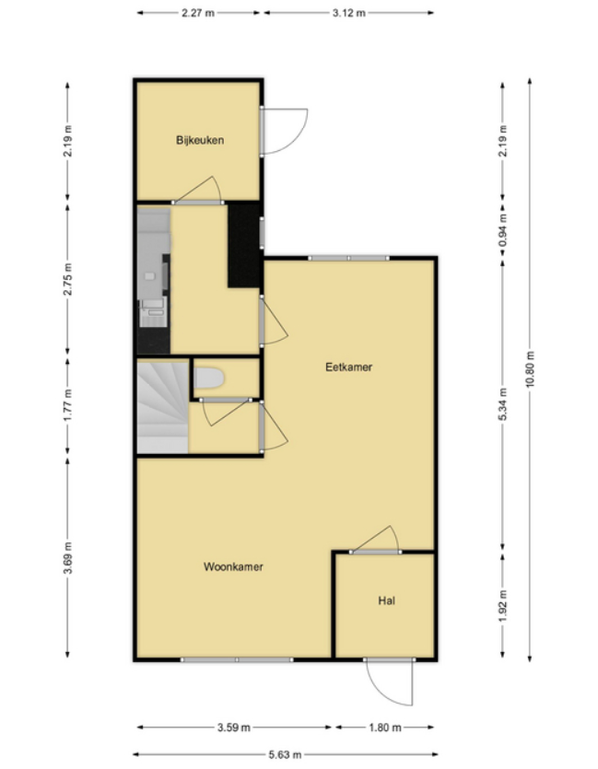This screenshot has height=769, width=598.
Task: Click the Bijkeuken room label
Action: point(200,140)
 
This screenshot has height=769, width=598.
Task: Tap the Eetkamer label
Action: point(348,367)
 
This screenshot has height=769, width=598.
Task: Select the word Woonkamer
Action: point(233,567)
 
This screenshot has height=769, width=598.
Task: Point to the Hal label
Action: point(386,601)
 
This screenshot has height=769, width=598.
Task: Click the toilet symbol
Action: point(209,379)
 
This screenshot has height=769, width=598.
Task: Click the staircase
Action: point(162,407)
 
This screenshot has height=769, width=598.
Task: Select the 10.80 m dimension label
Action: point(530,370)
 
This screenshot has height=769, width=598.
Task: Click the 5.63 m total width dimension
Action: point(284,755)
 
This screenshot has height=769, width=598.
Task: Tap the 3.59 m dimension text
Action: point(234,728)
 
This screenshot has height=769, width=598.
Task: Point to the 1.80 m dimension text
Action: point(385,728)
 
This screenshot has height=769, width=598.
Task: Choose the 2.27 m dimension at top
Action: point(198,13)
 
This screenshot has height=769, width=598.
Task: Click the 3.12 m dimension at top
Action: point(349,13)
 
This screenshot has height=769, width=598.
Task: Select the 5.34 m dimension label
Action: point(503,404)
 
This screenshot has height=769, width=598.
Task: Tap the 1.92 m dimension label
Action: point(503,605)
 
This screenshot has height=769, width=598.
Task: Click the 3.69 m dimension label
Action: point(67,558)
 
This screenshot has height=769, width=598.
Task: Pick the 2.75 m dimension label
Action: point(67,279)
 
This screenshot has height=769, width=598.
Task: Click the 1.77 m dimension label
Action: point(67,405)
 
